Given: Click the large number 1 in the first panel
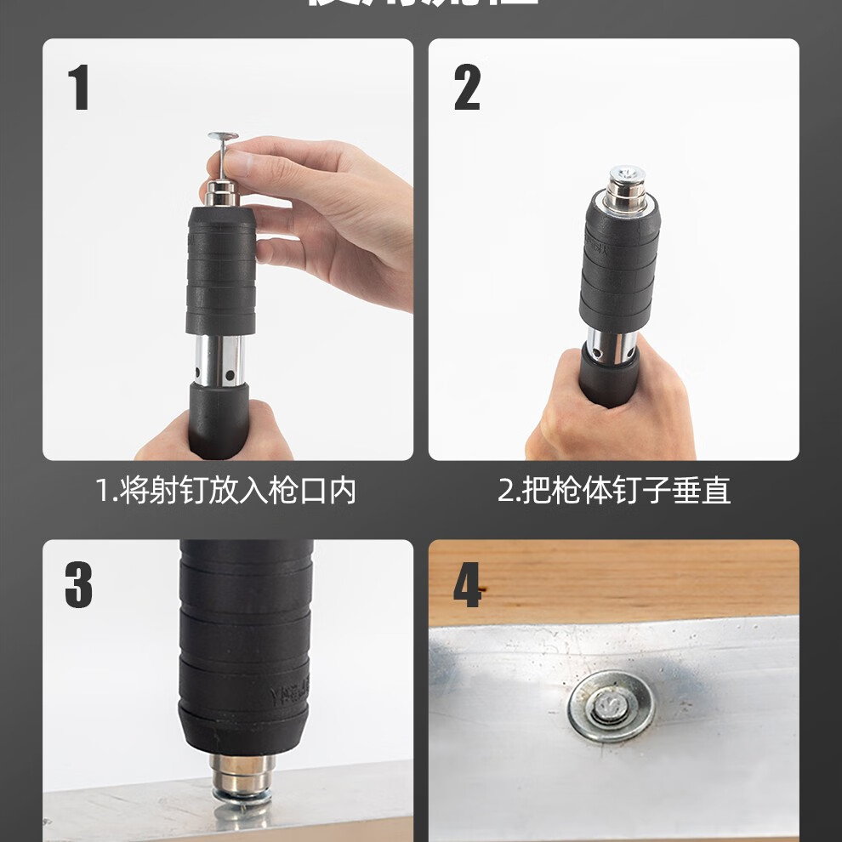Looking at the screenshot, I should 79,89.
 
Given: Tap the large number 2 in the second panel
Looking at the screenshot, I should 467,89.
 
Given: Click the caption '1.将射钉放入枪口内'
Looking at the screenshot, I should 225,491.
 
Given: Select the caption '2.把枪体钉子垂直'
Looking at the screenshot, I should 613,491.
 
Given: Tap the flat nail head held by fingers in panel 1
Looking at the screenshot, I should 220,136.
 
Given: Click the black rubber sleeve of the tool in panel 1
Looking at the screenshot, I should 221,272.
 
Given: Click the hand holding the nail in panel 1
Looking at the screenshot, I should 332,213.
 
